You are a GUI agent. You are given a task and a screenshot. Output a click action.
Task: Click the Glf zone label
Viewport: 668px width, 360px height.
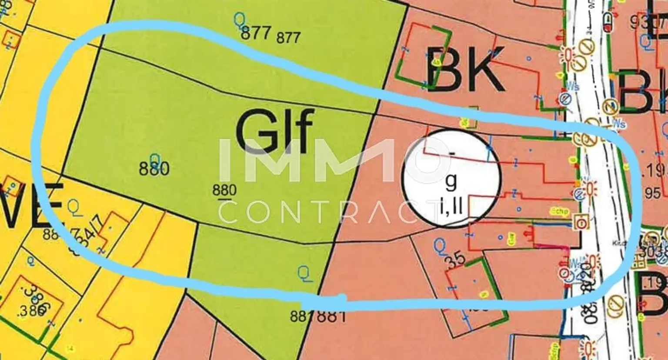(x=275, y=129)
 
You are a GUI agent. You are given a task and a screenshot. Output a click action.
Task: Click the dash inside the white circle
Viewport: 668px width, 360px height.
(x=452, y=153)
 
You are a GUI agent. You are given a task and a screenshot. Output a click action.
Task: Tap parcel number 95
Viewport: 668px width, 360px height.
(x=652, y=193)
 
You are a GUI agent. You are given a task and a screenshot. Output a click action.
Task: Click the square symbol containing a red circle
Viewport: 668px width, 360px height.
(x=581, y=222)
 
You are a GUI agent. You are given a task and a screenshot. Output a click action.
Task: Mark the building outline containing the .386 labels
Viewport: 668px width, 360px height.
(x=33, y=300)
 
